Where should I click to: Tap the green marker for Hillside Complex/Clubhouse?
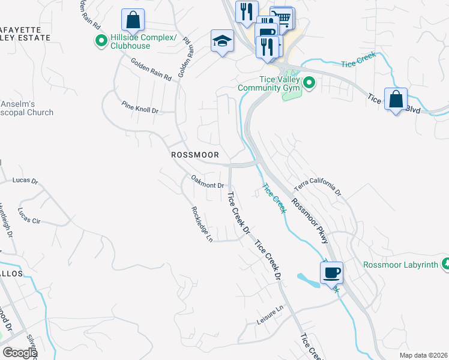click(100, 41)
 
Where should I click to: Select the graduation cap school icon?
click(221, 41)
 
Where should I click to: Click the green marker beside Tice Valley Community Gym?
click(309, 83)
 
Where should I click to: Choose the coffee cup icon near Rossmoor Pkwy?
click(331, 272)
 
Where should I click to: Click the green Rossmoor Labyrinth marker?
click(445, 264)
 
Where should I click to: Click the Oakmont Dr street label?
click(207, 181)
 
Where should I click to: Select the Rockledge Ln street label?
click(202, 224)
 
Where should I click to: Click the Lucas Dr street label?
click(25, 180)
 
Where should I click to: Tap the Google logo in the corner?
click(20, 353)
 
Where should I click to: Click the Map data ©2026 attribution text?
click(423, 355)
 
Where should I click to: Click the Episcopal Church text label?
click(26, 112)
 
